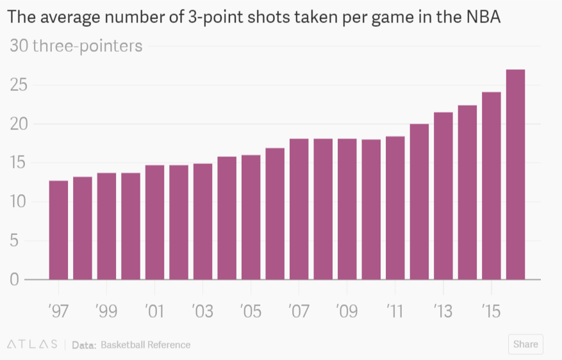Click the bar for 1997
58,231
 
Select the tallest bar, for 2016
516,175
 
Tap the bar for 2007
299,209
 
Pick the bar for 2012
420,202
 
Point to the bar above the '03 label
202,222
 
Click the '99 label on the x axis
106,311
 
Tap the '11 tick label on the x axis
395,311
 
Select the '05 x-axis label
251,311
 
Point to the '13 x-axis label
443,311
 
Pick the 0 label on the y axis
13,279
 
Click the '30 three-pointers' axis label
75,46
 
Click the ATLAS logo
32,345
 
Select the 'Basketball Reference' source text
145,345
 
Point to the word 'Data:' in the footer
84,345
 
